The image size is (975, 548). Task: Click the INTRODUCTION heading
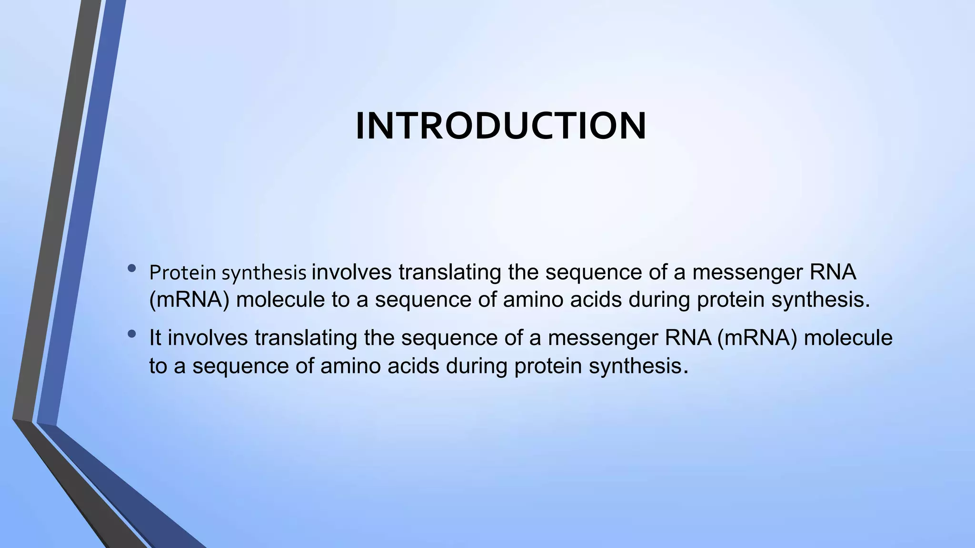point(501,126)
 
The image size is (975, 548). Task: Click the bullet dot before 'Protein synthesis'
point(132,269)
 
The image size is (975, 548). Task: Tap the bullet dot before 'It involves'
point(132,334)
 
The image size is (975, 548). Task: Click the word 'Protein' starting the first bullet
point(182,273)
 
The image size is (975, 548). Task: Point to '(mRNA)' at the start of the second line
point(189,300)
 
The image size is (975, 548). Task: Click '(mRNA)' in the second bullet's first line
point(756,338)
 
